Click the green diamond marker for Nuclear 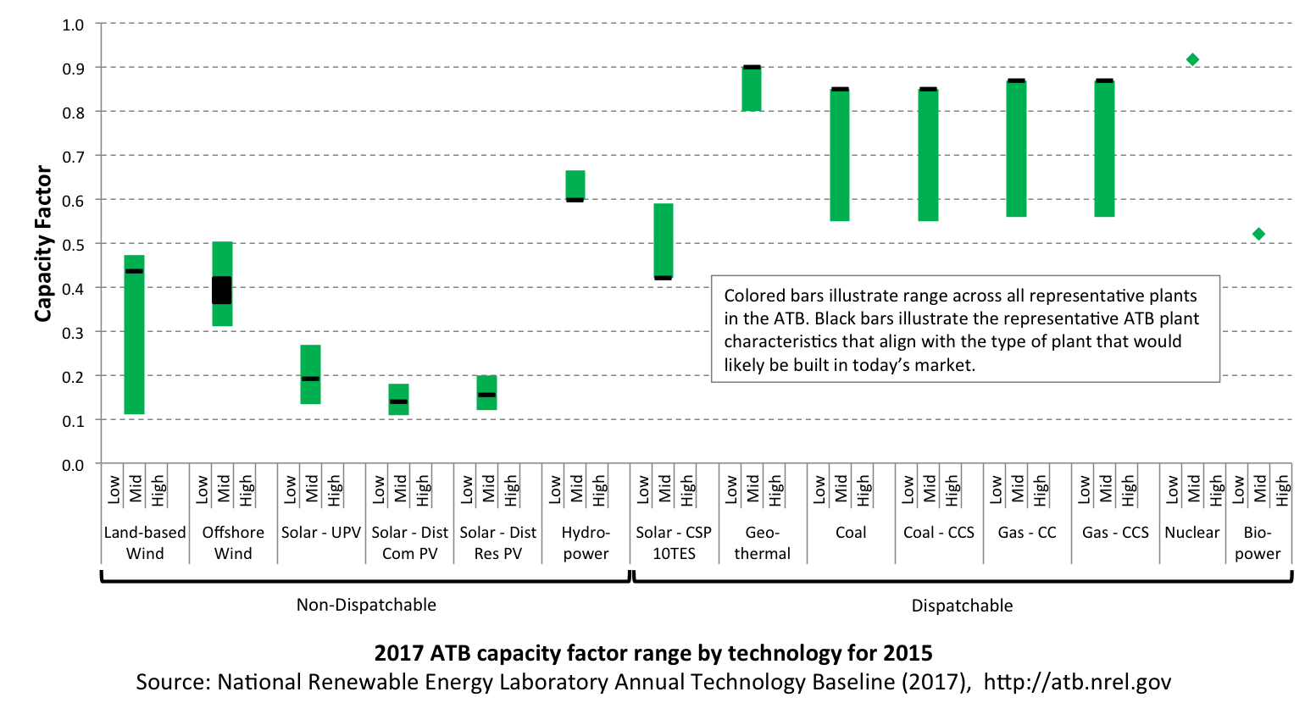point(1192,59)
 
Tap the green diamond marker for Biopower point(1258,234)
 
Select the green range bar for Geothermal point(752,90)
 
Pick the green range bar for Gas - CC point(1016,149)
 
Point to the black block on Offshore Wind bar point(222,290)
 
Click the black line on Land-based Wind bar point(134,271)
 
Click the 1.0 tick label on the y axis point(74,25)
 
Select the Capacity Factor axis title point(43,244)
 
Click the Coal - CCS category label point(939,533)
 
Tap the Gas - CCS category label point(1115,533)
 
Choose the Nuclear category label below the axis point(1191,533)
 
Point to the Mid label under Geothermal point(752,489)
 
